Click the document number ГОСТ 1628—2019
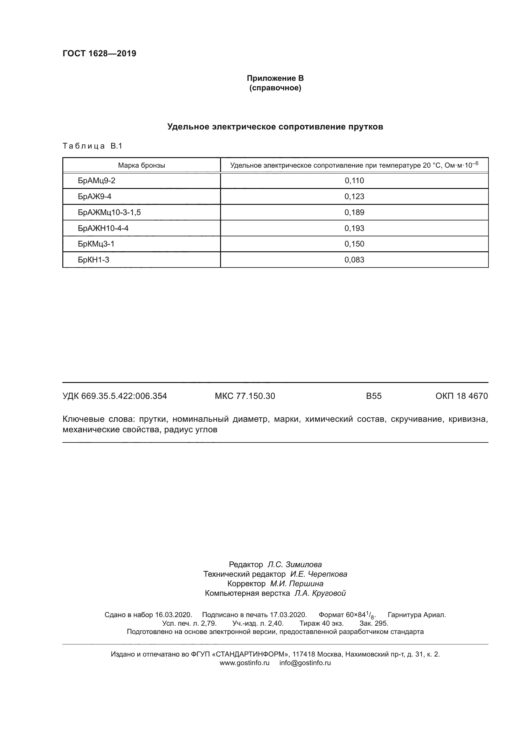99,54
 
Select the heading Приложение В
275,78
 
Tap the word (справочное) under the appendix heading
275,88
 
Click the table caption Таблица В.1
92,146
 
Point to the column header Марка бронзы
141,166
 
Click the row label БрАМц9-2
97,181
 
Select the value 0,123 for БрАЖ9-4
354,197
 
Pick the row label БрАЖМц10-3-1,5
109,212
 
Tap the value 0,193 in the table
354,228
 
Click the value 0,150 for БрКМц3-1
354,244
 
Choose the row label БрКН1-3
93,260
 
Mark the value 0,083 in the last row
354,260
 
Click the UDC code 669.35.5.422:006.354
124,396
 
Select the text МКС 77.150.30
245,396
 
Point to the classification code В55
373,396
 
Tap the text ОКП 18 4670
461,396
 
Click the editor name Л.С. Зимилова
294,565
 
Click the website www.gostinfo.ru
244,663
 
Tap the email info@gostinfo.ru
305,663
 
